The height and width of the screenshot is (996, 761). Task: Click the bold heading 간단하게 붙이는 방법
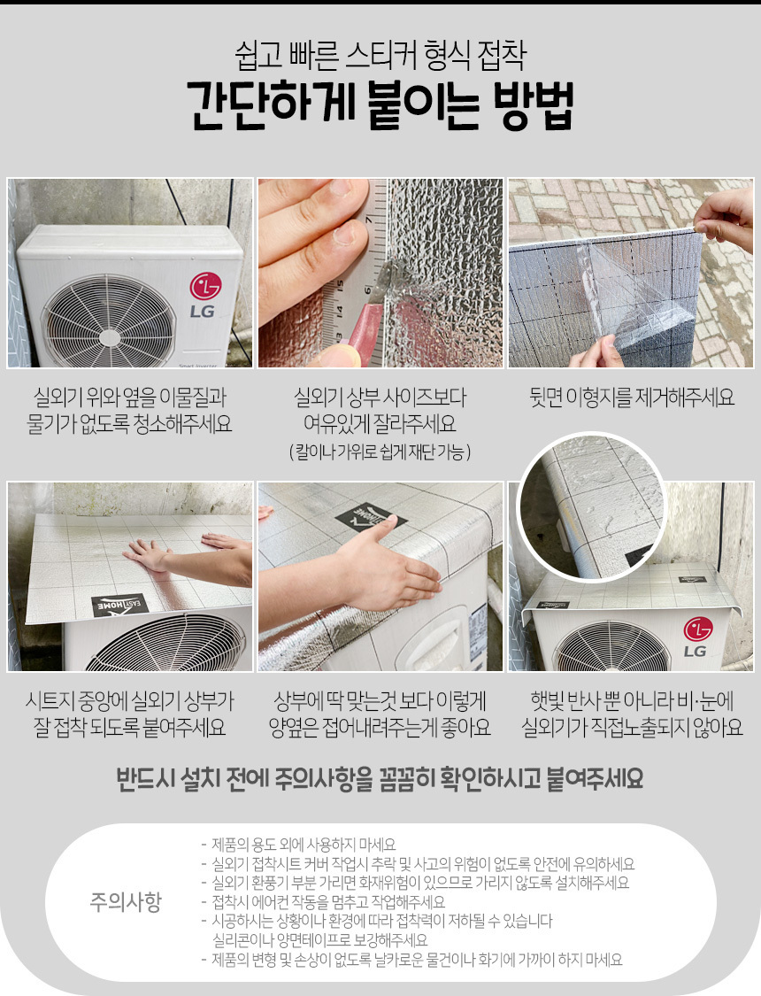[380, 105]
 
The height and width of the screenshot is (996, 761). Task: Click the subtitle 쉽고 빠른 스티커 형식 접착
[380, 55]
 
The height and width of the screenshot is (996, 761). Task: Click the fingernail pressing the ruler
[346, 233]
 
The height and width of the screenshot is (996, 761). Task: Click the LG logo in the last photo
[697, 637]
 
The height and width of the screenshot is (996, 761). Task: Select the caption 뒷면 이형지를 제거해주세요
[632, 398]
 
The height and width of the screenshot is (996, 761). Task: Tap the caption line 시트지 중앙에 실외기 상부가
[129, 701]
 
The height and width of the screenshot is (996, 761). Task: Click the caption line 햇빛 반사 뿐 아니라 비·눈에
[632, 701]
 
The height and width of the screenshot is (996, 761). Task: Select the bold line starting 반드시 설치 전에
[380, 779]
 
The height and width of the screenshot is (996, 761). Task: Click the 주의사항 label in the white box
[126, 901]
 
